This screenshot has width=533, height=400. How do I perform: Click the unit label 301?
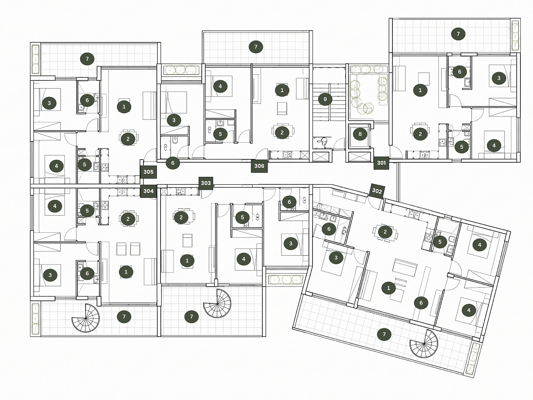coord(381,163)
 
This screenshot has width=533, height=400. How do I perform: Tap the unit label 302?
coord(377,191)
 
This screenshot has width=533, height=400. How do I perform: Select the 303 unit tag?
coord(206,183)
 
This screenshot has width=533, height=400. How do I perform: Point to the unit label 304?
coord(148,191)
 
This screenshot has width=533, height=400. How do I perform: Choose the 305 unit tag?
coord(148,172)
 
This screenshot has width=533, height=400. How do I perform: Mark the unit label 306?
coord(259,166)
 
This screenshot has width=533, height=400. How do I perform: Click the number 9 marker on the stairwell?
coord(325,99)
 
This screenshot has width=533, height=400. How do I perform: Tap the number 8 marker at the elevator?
coord(360,134)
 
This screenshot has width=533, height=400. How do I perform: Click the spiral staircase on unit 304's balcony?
coord(86,318)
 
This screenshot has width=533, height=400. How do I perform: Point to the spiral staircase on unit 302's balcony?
coord(424,344)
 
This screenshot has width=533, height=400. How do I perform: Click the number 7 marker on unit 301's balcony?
coord(458,34)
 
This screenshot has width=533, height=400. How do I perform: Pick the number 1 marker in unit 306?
coord(282,91)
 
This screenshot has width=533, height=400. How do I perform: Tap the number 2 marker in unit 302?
coord(385,232)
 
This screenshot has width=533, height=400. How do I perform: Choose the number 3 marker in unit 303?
coord(291,243)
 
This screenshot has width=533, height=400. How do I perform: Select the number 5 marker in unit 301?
coord(462,147)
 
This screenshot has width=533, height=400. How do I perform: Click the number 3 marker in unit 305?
coord(49,103)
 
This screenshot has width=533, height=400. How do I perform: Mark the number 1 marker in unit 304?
coord(126,272)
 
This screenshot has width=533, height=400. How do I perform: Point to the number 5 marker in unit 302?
coord(440,242)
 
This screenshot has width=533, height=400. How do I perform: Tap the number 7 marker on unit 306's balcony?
coord(255,46)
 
